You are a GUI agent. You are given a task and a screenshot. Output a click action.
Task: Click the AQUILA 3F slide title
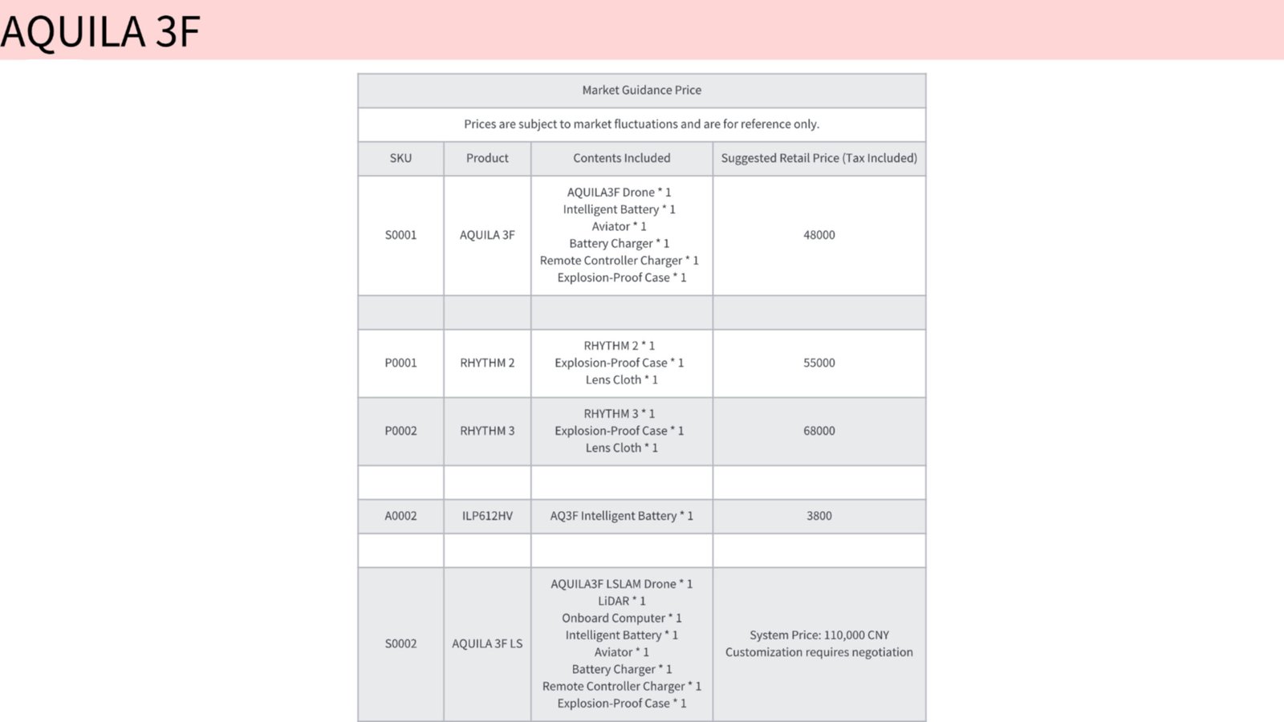[x=100, y=31]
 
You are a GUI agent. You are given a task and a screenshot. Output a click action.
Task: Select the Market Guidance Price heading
[x=641, y=90]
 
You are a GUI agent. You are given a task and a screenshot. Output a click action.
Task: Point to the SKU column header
[x=400, y=158]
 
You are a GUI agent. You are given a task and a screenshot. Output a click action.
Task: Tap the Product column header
[x=487, y=158]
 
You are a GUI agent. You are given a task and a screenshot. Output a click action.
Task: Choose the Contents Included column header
[x=621, y=158]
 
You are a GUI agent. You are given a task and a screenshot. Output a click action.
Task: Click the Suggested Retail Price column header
[x=819, y=158]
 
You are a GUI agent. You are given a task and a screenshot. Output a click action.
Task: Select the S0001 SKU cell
[x=400, y=235]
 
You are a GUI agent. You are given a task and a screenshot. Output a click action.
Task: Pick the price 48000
[x=819, y=235]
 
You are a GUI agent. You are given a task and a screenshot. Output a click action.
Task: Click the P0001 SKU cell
[x=400, y=363]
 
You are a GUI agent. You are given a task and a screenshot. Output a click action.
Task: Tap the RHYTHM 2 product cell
[x=487, y=363]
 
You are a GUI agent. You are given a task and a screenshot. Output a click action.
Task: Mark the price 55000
[x=819, y=363]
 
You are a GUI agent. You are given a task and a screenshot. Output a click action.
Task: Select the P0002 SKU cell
[x=400, y=431]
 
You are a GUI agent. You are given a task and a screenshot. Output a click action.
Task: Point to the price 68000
[x=819, y=431]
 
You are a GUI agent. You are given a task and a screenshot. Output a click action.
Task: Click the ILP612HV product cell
[x=487, y=516]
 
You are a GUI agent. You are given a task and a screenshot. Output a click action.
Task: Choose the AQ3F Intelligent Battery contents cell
[x=621, y=516]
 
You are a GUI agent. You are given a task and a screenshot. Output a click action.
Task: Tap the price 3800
[x=819, y=516]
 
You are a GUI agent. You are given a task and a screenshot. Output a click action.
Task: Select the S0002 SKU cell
[x=400, y=643]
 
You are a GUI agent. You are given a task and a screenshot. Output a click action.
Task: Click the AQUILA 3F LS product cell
[x=487, y=643]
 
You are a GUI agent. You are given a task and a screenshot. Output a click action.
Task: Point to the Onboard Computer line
[x=621, y=618]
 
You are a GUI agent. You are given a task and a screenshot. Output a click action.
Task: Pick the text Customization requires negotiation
[x=819, y=652]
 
